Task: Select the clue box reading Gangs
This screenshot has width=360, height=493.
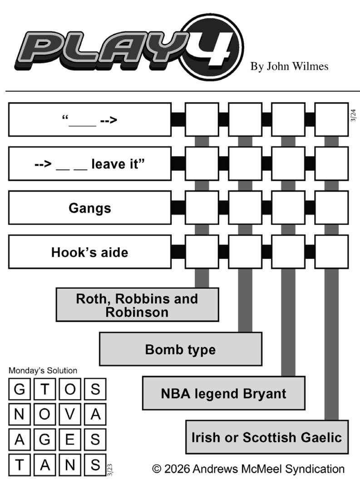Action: [x=89, y=208]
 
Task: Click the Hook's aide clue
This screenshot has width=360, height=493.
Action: [x=89, y=252]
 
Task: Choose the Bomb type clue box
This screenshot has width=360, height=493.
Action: [x=180, y=349]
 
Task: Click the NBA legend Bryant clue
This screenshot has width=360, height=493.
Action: [x=223, y=393]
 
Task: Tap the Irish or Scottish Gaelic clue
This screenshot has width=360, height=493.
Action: [x=266, y=437]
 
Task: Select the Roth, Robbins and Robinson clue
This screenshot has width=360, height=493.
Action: [x=137, y=305]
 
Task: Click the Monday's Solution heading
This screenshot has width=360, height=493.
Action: [x=43, y=371]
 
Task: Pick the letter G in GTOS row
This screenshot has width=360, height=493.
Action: [x=20, y=389]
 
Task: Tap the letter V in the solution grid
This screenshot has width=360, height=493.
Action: [x=69, y=414]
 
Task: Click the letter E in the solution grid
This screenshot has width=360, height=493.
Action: [x=69, y=439]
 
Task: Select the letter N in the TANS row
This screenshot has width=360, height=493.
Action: [x=69, y=465]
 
